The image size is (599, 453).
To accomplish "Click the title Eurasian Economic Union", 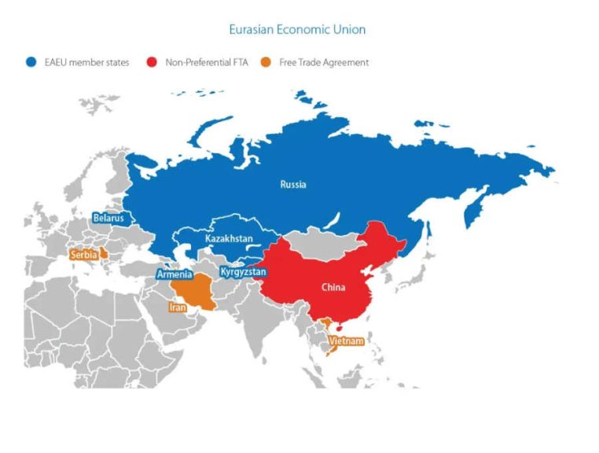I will click(296, 30).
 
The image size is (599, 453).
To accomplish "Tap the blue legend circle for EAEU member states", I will click(30, 62).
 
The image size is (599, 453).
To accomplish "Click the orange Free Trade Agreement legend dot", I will click(265, 62).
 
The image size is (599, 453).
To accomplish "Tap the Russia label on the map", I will click(293, 185).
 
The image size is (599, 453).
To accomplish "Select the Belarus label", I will click(108, 217).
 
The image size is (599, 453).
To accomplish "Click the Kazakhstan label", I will click(229, 238).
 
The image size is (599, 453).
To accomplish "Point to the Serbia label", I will click(84, 255).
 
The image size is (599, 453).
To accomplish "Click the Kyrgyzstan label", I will click(243, 272).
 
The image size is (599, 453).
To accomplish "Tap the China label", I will click(333, 287).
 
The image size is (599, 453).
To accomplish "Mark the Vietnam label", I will click(346, 341).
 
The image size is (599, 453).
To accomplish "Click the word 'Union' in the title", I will click(347, 30).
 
